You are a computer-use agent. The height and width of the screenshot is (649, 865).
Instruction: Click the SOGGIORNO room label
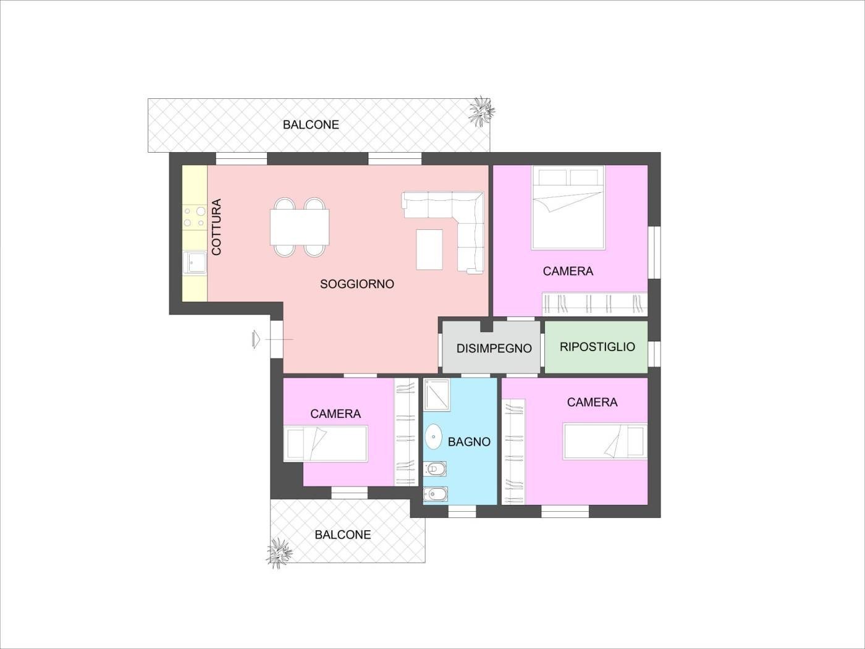tap(357, 284)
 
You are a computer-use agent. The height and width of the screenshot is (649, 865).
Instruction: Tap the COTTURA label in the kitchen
tap(216, 227)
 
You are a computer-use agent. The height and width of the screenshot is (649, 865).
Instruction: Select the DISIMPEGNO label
tap(494, 349)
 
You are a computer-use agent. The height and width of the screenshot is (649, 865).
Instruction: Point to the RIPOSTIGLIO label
tap(597, 347)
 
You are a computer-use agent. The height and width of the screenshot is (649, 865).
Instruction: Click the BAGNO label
tap(469, 442)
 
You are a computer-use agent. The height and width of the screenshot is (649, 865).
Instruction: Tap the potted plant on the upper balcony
tap(481, 111)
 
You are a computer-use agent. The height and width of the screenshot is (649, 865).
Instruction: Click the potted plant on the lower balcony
tap(279, 553)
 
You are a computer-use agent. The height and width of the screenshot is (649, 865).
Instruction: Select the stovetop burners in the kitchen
tap(195, 217)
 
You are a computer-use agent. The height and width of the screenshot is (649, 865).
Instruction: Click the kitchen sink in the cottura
tap(195, 262)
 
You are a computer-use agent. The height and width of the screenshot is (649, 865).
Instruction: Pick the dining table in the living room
tap(300, 227)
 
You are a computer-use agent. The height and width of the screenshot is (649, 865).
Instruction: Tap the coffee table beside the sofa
tap(429, 250)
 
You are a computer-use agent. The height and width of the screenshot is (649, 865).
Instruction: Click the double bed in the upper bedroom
tap(568, 208)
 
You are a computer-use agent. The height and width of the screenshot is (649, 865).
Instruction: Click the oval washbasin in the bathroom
tap(434, 436)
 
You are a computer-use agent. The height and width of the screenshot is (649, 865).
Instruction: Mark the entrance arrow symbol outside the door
tap(256, 339)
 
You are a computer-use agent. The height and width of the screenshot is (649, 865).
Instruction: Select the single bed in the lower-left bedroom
tap(326, 443)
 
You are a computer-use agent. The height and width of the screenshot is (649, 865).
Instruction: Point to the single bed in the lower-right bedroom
tap(605, 441)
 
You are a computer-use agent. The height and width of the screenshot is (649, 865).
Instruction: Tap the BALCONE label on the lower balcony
tap(343, 535)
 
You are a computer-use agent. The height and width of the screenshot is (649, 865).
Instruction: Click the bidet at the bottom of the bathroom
tap(435, 494)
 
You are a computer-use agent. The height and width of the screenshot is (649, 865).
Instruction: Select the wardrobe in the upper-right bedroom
tap(594, 304)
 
